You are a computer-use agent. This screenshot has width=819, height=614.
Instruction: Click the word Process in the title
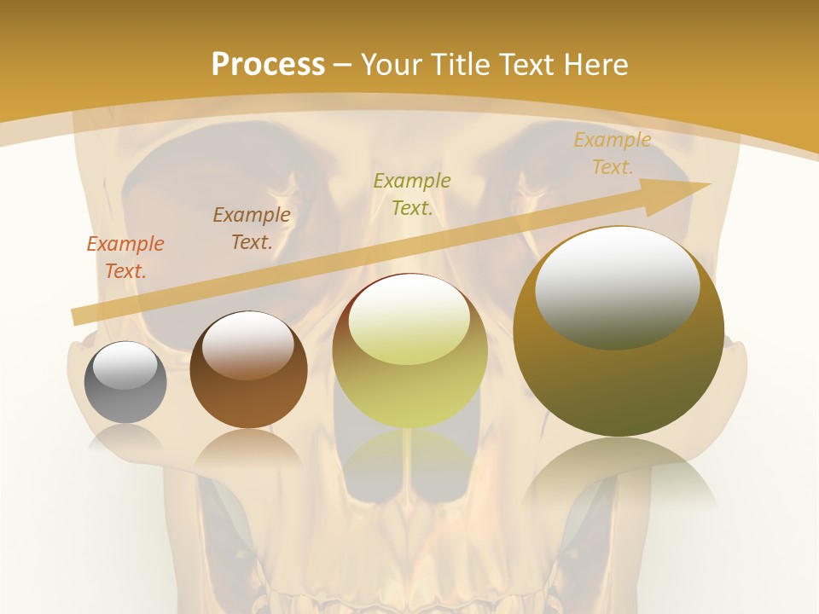268,65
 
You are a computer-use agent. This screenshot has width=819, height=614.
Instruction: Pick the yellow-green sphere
409,375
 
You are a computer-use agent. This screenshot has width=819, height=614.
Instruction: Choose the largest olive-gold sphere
619,375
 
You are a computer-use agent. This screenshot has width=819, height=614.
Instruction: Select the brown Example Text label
252,229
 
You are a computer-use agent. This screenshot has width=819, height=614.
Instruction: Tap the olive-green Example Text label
412,194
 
